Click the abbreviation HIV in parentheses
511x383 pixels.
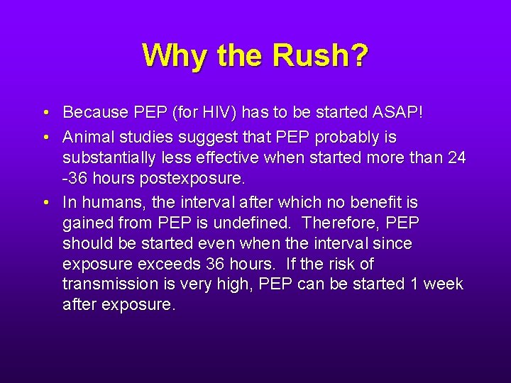[224, 112]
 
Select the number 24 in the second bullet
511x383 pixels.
[457, 157]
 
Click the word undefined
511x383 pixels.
[253, 223]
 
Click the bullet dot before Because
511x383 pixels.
[45, 113]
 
